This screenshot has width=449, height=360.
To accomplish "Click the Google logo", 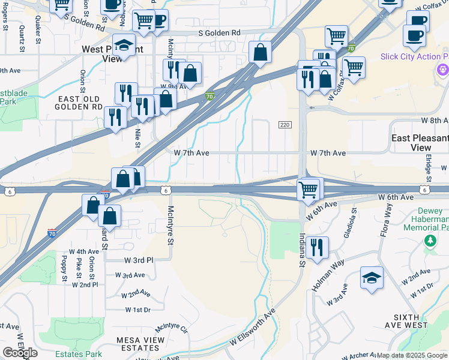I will pyautogui.click(x=20, y=353).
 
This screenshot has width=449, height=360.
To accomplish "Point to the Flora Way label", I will pyautogui.click(x=385, y=221).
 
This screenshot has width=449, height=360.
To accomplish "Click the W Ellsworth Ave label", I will pyautogui.click(x=252, y=328).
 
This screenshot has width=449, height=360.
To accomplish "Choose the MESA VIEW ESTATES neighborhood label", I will pyautogui.click(x=137, y=344).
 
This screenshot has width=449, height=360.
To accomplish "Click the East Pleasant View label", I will pyautogui.click(x=420, y=143).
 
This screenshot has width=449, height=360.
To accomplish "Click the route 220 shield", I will pyautogui.click(x=285, y=124).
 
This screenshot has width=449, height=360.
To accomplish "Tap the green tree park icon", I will pyautogui.click(x=430, y=241).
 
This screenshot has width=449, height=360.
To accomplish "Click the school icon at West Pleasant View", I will pyautogui.click(x=124, y=46).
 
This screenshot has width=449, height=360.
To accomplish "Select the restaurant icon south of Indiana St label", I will pyautogui.click(x=316, y=247).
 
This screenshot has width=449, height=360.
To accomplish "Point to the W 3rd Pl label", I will pyautogui.click(x=139, y=260).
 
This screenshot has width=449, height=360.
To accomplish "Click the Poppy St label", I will pyautogui.click(x=64, y=268).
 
